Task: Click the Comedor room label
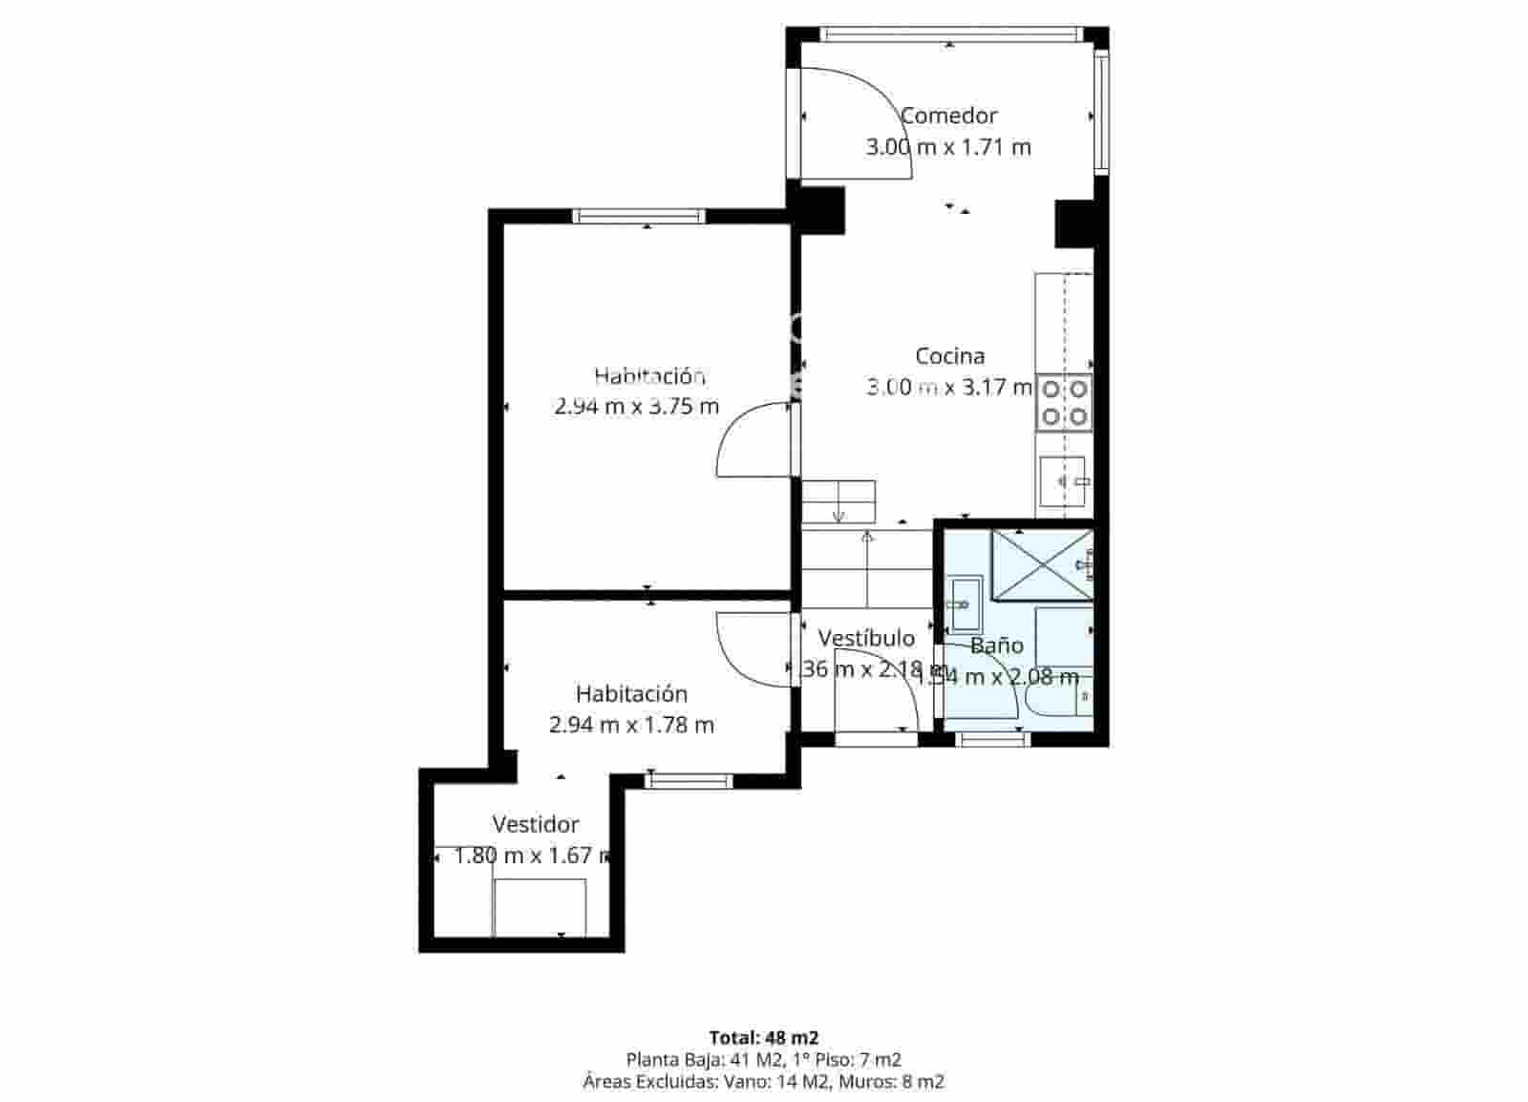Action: [948, 116]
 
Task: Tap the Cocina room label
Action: [949, 356]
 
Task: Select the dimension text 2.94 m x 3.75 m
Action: [636, 406]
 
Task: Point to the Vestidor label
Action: [536, 824]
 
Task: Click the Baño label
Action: [996, 646]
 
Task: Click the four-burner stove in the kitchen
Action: [1065, 402]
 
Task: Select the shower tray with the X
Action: [1041, 564]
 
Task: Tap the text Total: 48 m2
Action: [763, 1037]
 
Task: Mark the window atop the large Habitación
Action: [638, 216]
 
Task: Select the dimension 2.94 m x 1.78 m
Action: [631, 725]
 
